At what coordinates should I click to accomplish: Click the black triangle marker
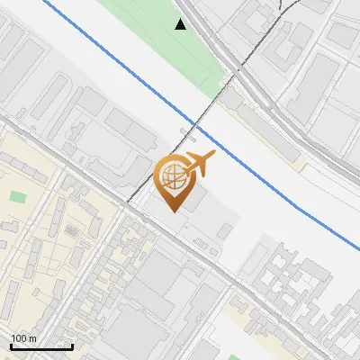coord(181,24)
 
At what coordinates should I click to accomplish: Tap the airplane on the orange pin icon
coord(199,162)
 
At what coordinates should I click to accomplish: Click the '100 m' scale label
coord(23,338)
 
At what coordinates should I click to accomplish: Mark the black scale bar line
coord(41,346)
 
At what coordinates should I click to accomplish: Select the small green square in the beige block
coord(18,196)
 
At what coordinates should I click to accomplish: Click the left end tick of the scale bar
coord(11,345)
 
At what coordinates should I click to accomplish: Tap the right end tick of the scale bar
coord(72,345)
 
